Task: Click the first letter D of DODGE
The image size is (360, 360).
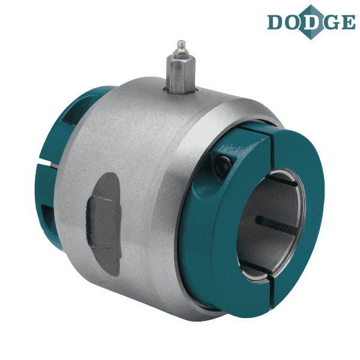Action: click(275, 22)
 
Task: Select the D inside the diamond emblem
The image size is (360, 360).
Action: click(311, 22)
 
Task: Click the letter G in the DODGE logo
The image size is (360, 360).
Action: click(331, 22)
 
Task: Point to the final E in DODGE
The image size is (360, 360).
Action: click(348, 22)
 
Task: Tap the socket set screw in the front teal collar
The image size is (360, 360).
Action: click(223, 164)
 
